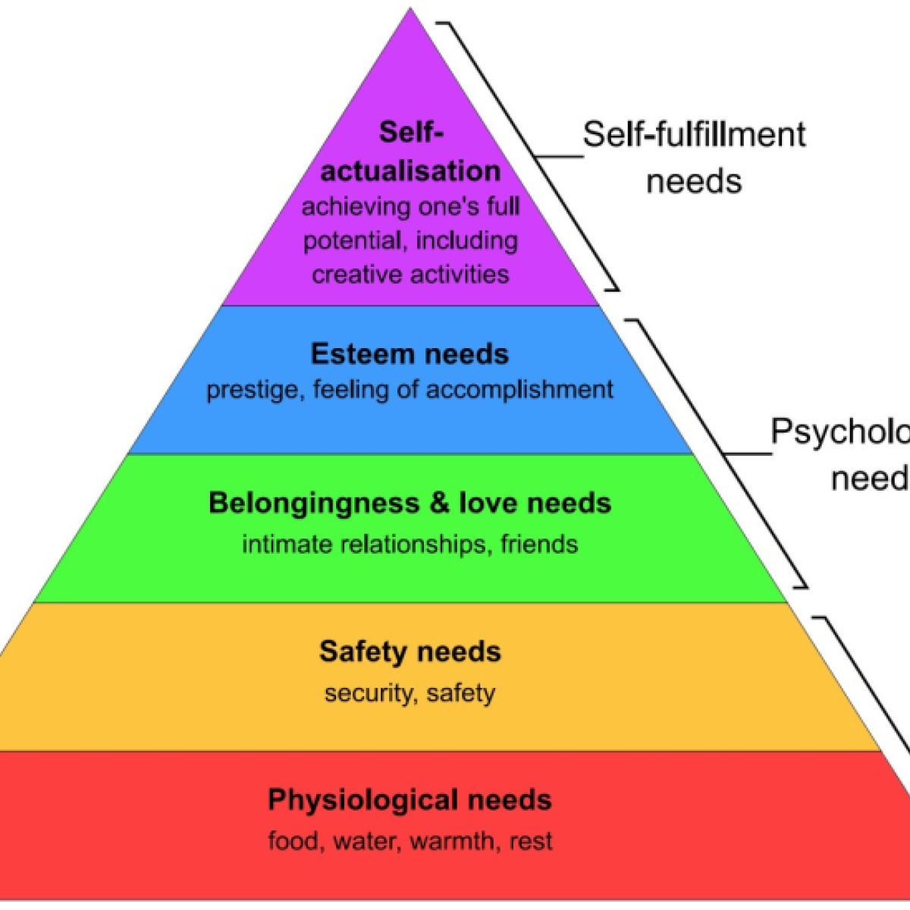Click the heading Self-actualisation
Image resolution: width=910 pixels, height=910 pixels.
point(410,152)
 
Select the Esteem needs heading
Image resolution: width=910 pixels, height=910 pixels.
point(410,354)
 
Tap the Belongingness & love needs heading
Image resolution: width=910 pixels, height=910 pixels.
point(410,504)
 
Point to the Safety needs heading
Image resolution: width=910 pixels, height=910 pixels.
point(410,652)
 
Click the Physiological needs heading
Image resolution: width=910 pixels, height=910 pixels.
point(410,800)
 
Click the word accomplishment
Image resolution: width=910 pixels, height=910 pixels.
point(519,390)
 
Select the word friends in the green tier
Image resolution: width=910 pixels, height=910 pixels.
point(539,544)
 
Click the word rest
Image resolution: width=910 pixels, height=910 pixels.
point(531,841)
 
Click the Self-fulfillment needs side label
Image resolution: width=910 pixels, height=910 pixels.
point(694,158)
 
